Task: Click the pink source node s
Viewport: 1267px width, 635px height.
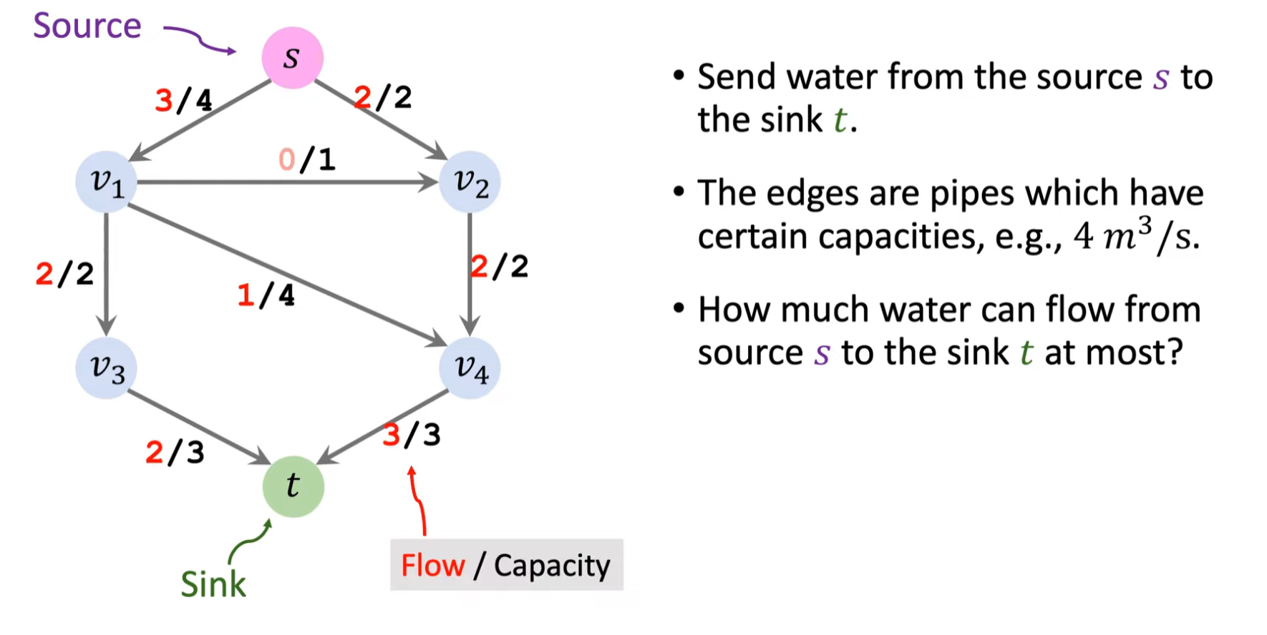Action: [292, 57]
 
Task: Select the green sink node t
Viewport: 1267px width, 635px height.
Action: [293, 486]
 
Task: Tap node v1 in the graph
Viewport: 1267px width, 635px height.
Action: [107, 182]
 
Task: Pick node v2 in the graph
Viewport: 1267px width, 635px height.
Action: [470, 182]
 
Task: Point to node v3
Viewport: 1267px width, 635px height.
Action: [107, 368]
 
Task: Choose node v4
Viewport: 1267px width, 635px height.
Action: [470, 368]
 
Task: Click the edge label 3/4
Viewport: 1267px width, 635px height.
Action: [184, 100]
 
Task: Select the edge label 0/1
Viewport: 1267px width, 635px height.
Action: [307, 159]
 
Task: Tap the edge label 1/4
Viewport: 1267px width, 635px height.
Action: [266, 295]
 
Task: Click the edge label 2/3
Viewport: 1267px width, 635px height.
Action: [175, 452]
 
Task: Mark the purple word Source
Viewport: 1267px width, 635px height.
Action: [87, 26]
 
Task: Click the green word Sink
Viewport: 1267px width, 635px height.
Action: [213, 584]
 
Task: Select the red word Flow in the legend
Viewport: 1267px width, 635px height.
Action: [432, 566]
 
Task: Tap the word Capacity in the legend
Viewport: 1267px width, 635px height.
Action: [552, 566]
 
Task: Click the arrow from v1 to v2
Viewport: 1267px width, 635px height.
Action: [286, 182]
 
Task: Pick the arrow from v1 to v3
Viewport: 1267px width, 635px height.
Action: [107, 272]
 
